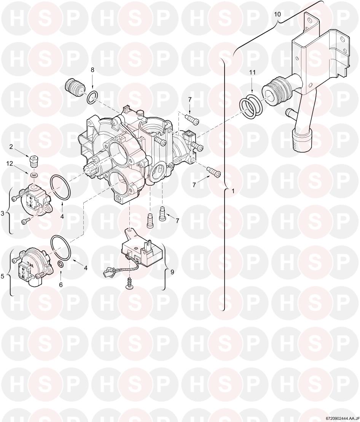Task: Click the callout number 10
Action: click(x=277, y=14)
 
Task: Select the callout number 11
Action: click(x=252, y=72)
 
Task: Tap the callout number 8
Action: click(x=92, y=70)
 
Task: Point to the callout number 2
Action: click(x=11, y=147)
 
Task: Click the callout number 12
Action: click(x=10, y=163)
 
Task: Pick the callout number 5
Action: click(x=2, y=276)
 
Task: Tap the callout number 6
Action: click(x=61, y=284)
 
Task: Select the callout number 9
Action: click(x=172, y=272)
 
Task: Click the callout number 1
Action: click(x=233, y=191)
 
